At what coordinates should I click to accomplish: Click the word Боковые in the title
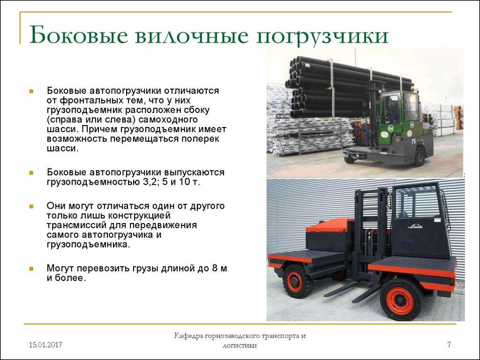tap(78, 35)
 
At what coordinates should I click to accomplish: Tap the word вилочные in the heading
tap(192, 36)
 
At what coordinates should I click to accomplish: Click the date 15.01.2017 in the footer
tap(45, 345)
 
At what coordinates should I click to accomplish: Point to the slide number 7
tap(449, 345)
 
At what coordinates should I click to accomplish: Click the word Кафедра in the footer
tap(189, 336)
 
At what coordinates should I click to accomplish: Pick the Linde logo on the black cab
tap(415, 226)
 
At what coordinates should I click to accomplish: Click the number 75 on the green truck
tap(413, 142)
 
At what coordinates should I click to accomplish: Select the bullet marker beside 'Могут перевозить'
tap(31, 269)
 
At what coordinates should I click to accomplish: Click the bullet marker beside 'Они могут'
tap(31, 206)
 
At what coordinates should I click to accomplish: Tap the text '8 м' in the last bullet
tap(219, 269)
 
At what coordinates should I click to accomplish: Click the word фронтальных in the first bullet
tap(87, 101)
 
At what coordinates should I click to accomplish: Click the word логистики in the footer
tap(240, 346)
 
